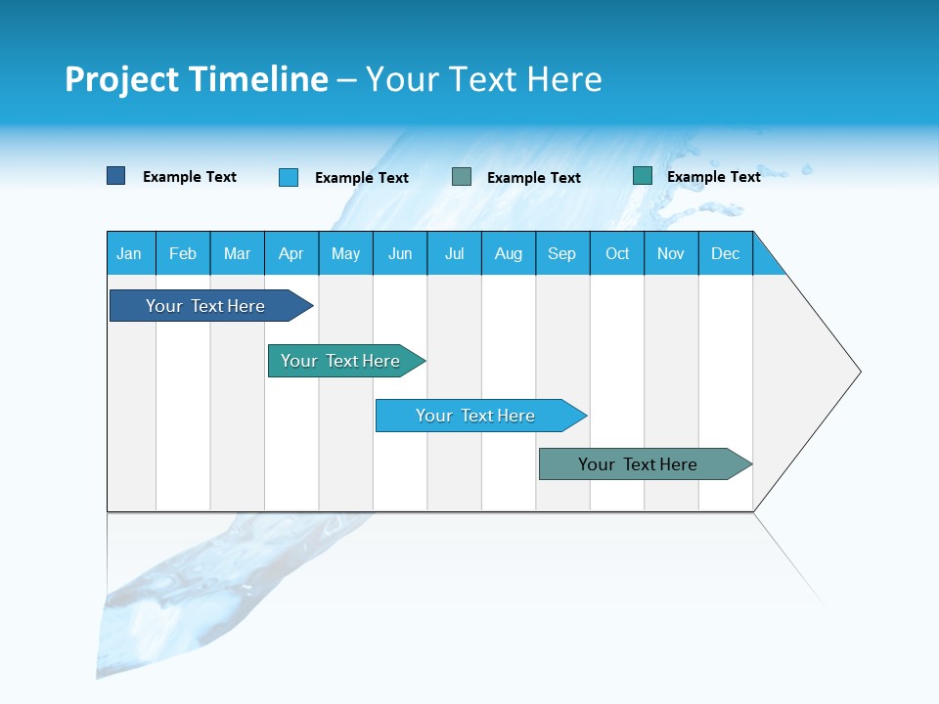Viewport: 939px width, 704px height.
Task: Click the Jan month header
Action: (130, 253)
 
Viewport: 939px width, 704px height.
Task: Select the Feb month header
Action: (183, 253)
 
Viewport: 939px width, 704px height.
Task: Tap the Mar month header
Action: (237, 253)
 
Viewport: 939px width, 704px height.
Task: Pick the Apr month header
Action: (291, 253)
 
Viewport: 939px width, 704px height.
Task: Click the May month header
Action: (345, 253)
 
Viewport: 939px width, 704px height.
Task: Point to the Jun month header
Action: (400, 253)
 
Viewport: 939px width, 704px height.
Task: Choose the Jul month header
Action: (454, 253)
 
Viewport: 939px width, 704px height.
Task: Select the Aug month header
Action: (509, 253)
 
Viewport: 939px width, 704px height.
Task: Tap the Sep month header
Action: (562, 253)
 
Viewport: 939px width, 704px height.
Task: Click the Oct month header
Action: (617, 253)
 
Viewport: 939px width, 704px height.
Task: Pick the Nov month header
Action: (671, 253)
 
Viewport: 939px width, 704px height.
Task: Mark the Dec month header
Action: (726, 253)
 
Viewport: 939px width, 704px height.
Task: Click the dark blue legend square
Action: (115, 176)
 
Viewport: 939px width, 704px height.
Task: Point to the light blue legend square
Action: (289, 177)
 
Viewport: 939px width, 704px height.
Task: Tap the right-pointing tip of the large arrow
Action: (857, 372)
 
